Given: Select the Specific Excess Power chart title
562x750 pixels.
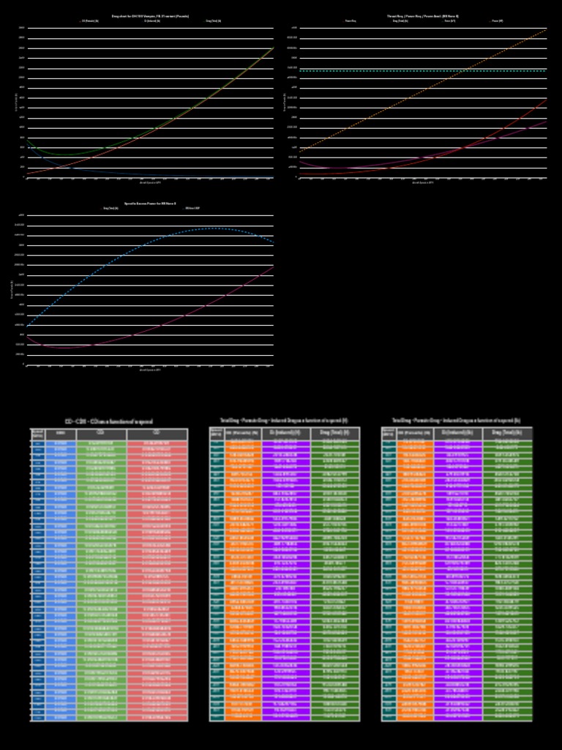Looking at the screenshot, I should click(x=150, y=203).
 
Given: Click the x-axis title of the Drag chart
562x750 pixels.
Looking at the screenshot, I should click(x=150, y=182).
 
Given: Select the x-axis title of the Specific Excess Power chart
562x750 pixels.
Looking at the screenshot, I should click(x=150, y=369).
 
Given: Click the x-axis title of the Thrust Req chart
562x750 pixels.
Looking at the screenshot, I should click(x=423, y=182).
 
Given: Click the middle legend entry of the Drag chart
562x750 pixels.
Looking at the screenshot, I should click(x=152, y=21).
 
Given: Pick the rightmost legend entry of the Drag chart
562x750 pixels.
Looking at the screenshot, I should click(x=213, y=21).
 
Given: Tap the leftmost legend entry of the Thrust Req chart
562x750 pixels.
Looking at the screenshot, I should click(x=351, y=21).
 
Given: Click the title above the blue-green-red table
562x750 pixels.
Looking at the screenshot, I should click(x=109, y=421).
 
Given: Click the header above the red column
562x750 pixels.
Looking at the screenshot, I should click(x=157, y=434).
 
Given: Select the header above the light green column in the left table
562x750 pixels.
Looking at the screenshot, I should click(x=101, y=434).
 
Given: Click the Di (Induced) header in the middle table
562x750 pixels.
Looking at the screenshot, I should click(x=285, y=434).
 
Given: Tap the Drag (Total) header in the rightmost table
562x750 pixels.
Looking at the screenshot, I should click(x=507, y=434).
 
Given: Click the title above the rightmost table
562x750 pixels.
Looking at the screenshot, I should click(x=457, y=421).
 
